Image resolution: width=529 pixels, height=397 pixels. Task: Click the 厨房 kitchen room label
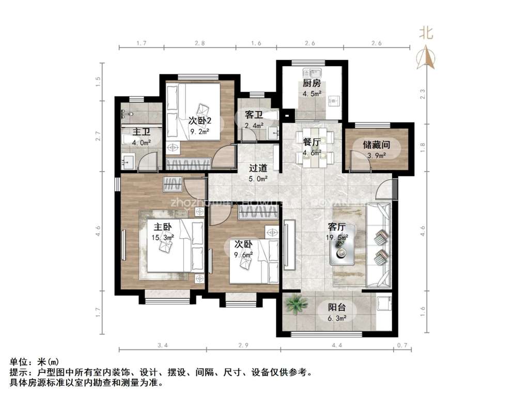click(312, 83)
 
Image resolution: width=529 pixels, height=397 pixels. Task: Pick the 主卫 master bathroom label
click(142, 132)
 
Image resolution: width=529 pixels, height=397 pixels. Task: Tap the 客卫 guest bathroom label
click(254, 115)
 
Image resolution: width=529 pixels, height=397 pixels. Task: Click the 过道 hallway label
click(258, 168)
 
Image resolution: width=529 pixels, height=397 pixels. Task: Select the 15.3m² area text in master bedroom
click(163, 237)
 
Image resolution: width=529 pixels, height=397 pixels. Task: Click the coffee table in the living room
click(343, 250)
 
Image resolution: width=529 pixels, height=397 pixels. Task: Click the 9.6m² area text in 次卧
click(244, 255)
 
